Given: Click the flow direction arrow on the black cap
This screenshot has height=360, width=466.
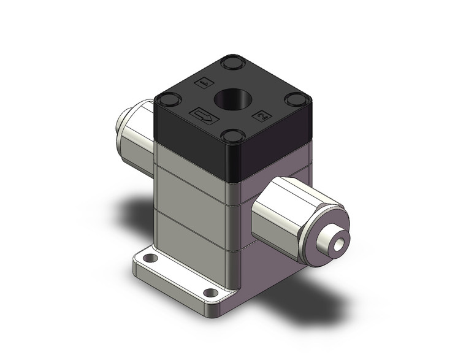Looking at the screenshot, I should pos(204,115).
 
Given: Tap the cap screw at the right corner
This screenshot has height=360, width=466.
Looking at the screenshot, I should pos(299,99).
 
